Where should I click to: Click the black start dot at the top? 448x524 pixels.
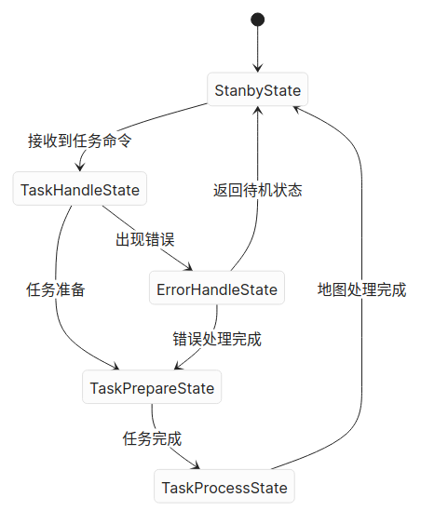pos(258,20)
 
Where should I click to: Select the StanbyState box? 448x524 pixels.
pos(258,90)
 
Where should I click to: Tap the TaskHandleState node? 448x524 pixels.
pos(80,191)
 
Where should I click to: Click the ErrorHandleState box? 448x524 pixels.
pos(217,289)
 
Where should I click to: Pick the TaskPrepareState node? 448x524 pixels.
pos(152,388)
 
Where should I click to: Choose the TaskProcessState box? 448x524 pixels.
pos(224,488)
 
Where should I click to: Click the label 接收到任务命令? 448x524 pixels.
pos(80,141)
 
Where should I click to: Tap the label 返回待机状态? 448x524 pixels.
pos(258,191)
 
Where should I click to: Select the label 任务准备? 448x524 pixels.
pos(56,289)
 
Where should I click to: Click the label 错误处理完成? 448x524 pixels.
pos(217,339)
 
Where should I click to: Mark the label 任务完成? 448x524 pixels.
pos(152,438)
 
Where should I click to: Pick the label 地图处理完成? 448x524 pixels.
pos(361,289)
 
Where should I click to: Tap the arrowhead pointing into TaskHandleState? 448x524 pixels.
pos(80,168)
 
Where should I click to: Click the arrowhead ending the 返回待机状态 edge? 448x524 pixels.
pos(258,112)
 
